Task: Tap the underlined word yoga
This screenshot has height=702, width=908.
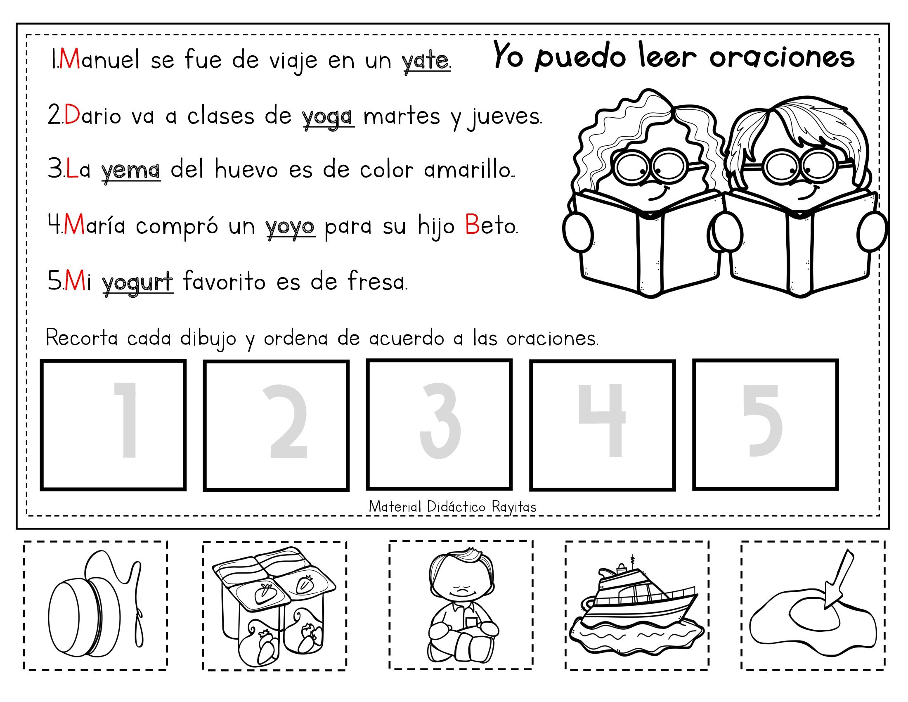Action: point(328,117)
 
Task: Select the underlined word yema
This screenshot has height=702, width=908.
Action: point(131,171)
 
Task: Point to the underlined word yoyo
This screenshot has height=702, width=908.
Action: point(290,227)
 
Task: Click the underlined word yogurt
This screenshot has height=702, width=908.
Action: point(137,282)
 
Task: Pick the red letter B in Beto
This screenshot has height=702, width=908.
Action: point(472,225)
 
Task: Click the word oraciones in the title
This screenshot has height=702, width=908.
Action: point(782,57)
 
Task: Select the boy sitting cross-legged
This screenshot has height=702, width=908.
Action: point(461,605)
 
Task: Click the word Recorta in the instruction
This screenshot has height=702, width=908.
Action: point(82,338)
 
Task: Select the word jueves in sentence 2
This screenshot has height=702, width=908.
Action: point(505,117)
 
